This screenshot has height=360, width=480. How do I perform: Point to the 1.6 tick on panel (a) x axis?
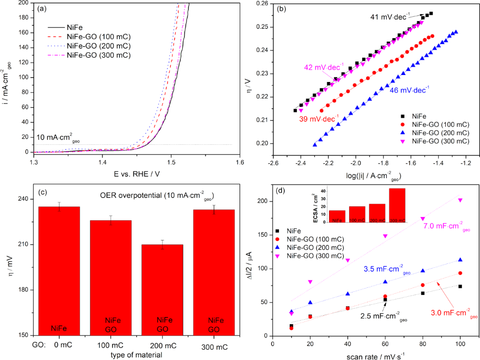click(x=240, y=162)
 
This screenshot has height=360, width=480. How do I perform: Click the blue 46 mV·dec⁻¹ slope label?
click(x=410, y=88)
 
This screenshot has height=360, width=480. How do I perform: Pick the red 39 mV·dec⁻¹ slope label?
click(x=319, y=119)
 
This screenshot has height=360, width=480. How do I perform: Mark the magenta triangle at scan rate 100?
click(x=460, y=200)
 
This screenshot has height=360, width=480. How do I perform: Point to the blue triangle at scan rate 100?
click(x=460, y=259)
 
